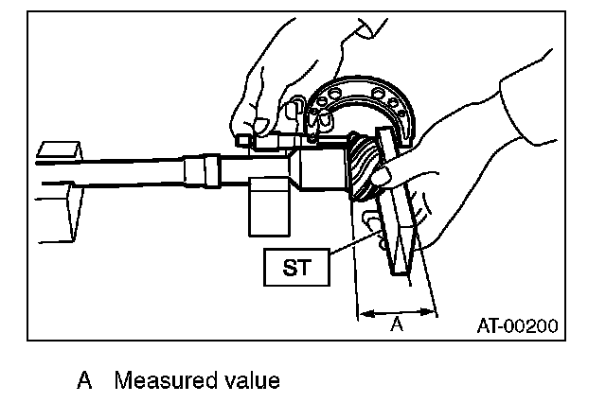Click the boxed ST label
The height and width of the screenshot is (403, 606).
(x=296, y=267)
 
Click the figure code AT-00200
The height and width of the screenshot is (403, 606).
(x=516, y=324)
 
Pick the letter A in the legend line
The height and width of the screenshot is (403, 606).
(x=85, y=381)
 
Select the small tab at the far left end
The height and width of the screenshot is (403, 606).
(x=59, y=150)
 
